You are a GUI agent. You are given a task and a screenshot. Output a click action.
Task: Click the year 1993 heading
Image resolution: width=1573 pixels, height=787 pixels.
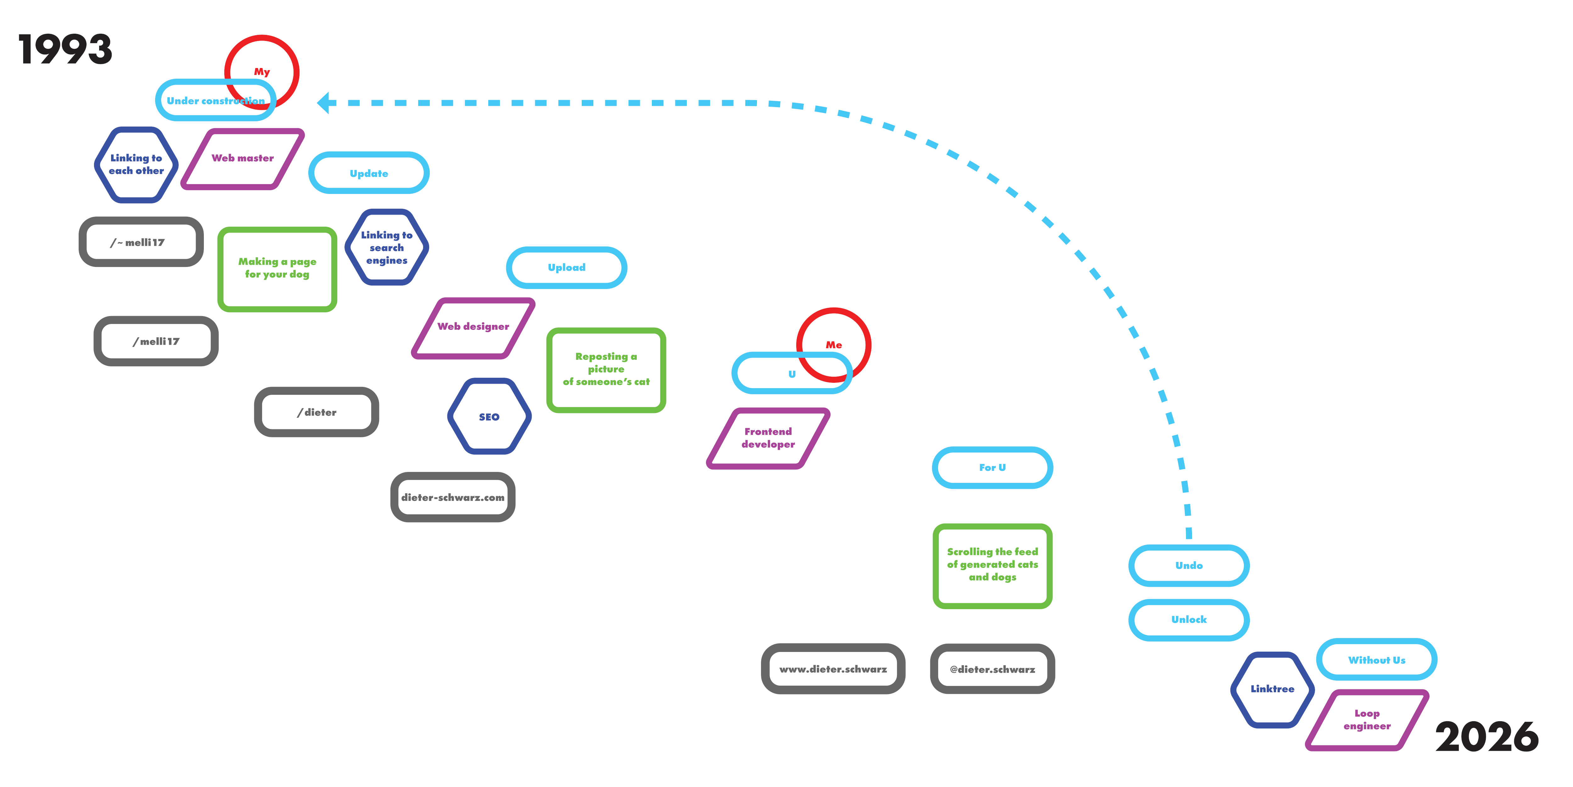point(65,49)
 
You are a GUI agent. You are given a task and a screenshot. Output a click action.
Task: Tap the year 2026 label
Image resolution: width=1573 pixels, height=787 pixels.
point(1486,737)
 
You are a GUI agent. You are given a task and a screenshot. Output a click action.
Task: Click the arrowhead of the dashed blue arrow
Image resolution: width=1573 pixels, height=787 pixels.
point(324,103)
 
